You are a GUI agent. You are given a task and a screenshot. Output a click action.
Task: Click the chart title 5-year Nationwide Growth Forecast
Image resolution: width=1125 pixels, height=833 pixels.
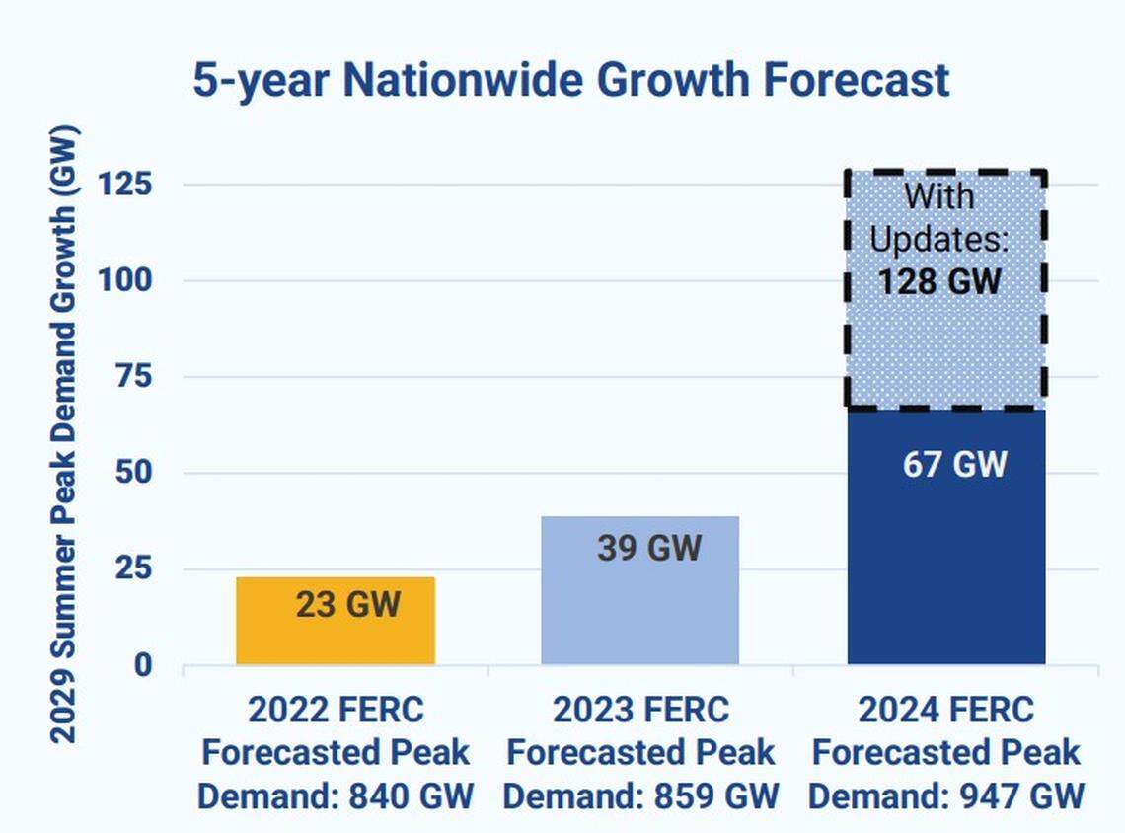tap(570, 80)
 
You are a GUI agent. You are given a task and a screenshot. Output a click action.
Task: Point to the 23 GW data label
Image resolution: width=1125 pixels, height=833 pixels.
tap(348, 604)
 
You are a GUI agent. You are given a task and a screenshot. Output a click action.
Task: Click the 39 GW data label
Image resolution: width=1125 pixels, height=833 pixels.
tap(648, 547)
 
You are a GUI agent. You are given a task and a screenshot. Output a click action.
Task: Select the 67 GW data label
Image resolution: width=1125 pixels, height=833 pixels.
tap(954, 464)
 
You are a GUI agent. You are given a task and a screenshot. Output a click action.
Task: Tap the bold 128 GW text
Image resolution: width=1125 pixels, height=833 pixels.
tap(938, 282)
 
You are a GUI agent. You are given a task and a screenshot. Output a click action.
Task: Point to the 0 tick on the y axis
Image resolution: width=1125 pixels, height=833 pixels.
tap(143, 665)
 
